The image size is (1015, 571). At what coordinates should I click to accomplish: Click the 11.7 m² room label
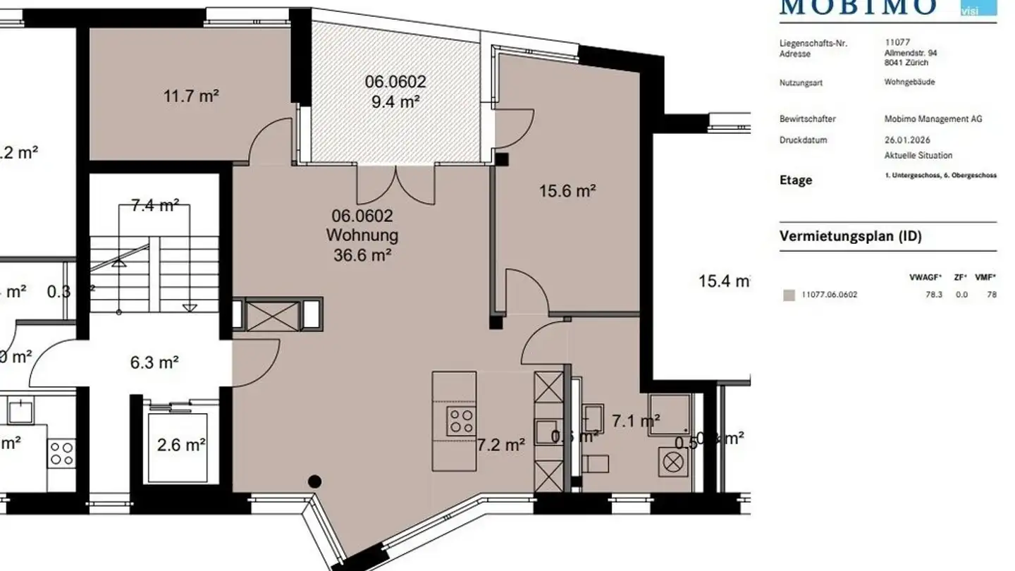191,96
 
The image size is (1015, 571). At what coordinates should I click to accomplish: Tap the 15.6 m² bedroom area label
568,190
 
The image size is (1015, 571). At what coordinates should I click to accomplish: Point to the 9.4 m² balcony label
395,102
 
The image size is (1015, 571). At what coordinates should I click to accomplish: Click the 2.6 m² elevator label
181,445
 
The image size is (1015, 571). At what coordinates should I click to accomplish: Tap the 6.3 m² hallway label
154,363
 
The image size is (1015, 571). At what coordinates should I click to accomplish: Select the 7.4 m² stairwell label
154,206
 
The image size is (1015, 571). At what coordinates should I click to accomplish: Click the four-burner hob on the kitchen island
461,421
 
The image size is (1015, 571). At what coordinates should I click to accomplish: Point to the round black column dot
315,482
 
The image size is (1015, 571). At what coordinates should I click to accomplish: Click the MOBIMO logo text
858,7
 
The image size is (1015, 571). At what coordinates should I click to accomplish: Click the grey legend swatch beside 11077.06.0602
789,295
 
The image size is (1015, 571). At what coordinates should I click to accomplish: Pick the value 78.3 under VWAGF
934,295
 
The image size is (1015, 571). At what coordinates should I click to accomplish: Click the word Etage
796,180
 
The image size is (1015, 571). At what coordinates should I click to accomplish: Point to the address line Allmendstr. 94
911,53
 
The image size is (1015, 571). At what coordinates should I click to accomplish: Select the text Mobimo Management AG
933,119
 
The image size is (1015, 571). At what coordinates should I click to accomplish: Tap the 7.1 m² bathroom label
636,422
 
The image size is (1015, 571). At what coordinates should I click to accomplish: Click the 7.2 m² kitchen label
501,445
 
